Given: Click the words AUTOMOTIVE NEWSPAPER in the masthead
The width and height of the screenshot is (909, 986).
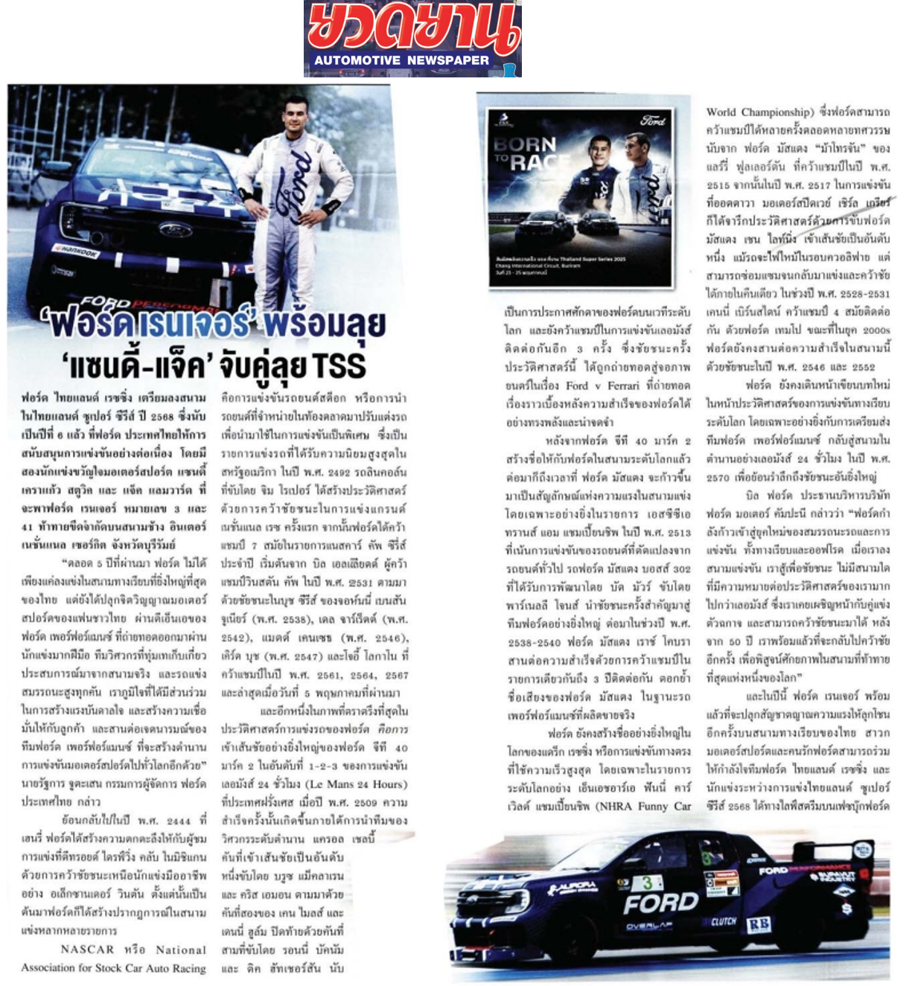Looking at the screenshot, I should (x=401, y=60).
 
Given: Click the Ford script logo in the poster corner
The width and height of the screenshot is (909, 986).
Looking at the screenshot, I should (x=653, y=121).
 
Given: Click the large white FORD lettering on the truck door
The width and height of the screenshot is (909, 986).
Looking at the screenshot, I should (x=660, y=903).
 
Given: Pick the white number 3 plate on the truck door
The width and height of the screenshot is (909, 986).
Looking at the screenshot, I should (x=647, y=883).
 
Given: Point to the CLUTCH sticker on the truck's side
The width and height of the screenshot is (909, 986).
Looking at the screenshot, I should (x=723, y=921).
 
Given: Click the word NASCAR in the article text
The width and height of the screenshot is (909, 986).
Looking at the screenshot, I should (x=88, y=950).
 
